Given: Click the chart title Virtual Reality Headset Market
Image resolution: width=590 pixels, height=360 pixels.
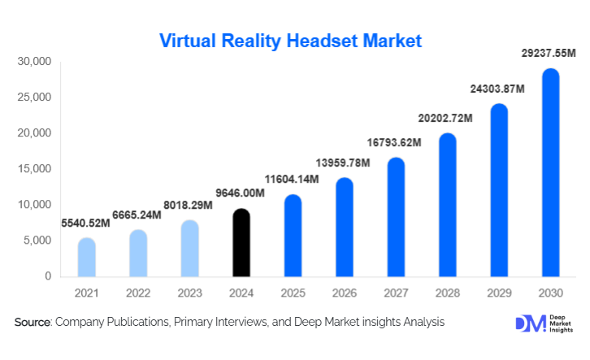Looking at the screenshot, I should coord(290,40).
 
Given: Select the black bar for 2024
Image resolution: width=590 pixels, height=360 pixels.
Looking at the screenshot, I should coord(242,243).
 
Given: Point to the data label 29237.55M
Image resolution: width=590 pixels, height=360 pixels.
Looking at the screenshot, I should coord(548,54).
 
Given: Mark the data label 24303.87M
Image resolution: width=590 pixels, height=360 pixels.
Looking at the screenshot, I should coord(497,89).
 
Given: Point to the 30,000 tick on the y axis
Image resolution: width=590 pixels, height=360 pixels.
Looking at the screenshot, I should coord(34,62).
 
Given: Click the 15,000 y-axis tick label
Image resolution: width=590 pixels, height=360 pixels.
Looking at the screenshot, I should coord(34,169).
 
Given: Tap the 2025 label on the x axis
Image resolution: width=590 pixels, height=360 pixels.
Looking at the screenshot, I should coord(293,292).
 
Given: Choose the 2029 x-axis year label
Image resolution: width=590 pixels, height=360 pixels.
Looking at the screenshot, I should coord(498,292).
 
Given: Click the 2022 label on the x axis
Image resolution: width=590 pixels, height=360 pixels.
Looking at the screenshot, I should coord(139,292).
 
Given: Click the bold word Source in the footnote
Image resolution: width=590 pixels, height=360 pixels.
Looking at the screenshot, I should coord(33,323).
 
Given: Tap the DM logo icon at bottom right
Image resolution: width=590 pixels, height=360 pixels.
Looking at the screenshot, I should coord(527,323).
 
